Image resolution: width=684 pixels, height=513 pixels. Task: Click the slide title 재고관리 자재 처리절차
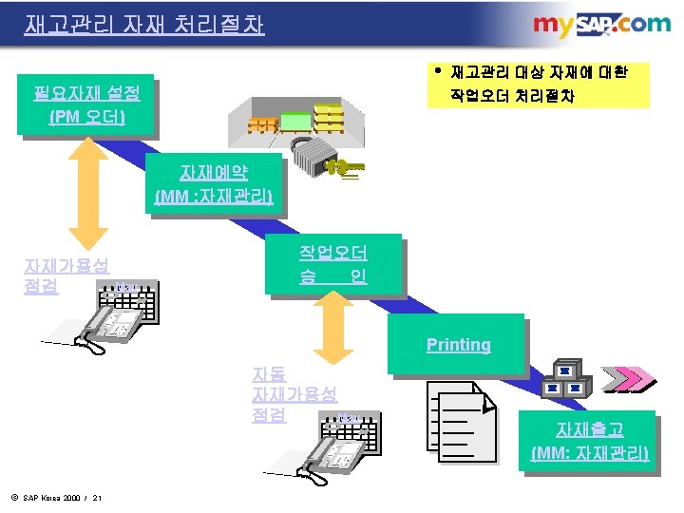144,24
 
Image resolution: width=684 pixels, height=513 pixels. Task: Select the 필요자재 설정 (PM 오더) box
86,105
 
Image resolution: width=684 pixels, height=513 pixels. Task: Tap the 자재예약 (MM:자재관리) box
214,184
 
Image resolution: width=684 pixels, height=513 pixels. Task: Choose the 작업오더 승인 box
333,265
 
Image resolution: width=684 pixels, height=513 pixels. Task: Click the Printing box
458,344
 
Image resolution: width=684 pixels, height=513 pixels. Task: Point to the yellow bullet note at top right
538,85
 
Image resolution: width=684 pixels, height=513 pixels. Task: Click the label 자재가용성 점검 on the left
66,275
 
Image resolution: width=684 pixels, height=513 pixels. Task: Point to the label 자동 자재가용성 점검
294,394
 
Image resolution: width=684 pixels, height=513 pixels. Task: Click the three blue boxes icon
568,380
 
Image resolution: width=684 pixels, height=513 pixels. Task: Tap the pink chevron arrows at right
631,379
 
